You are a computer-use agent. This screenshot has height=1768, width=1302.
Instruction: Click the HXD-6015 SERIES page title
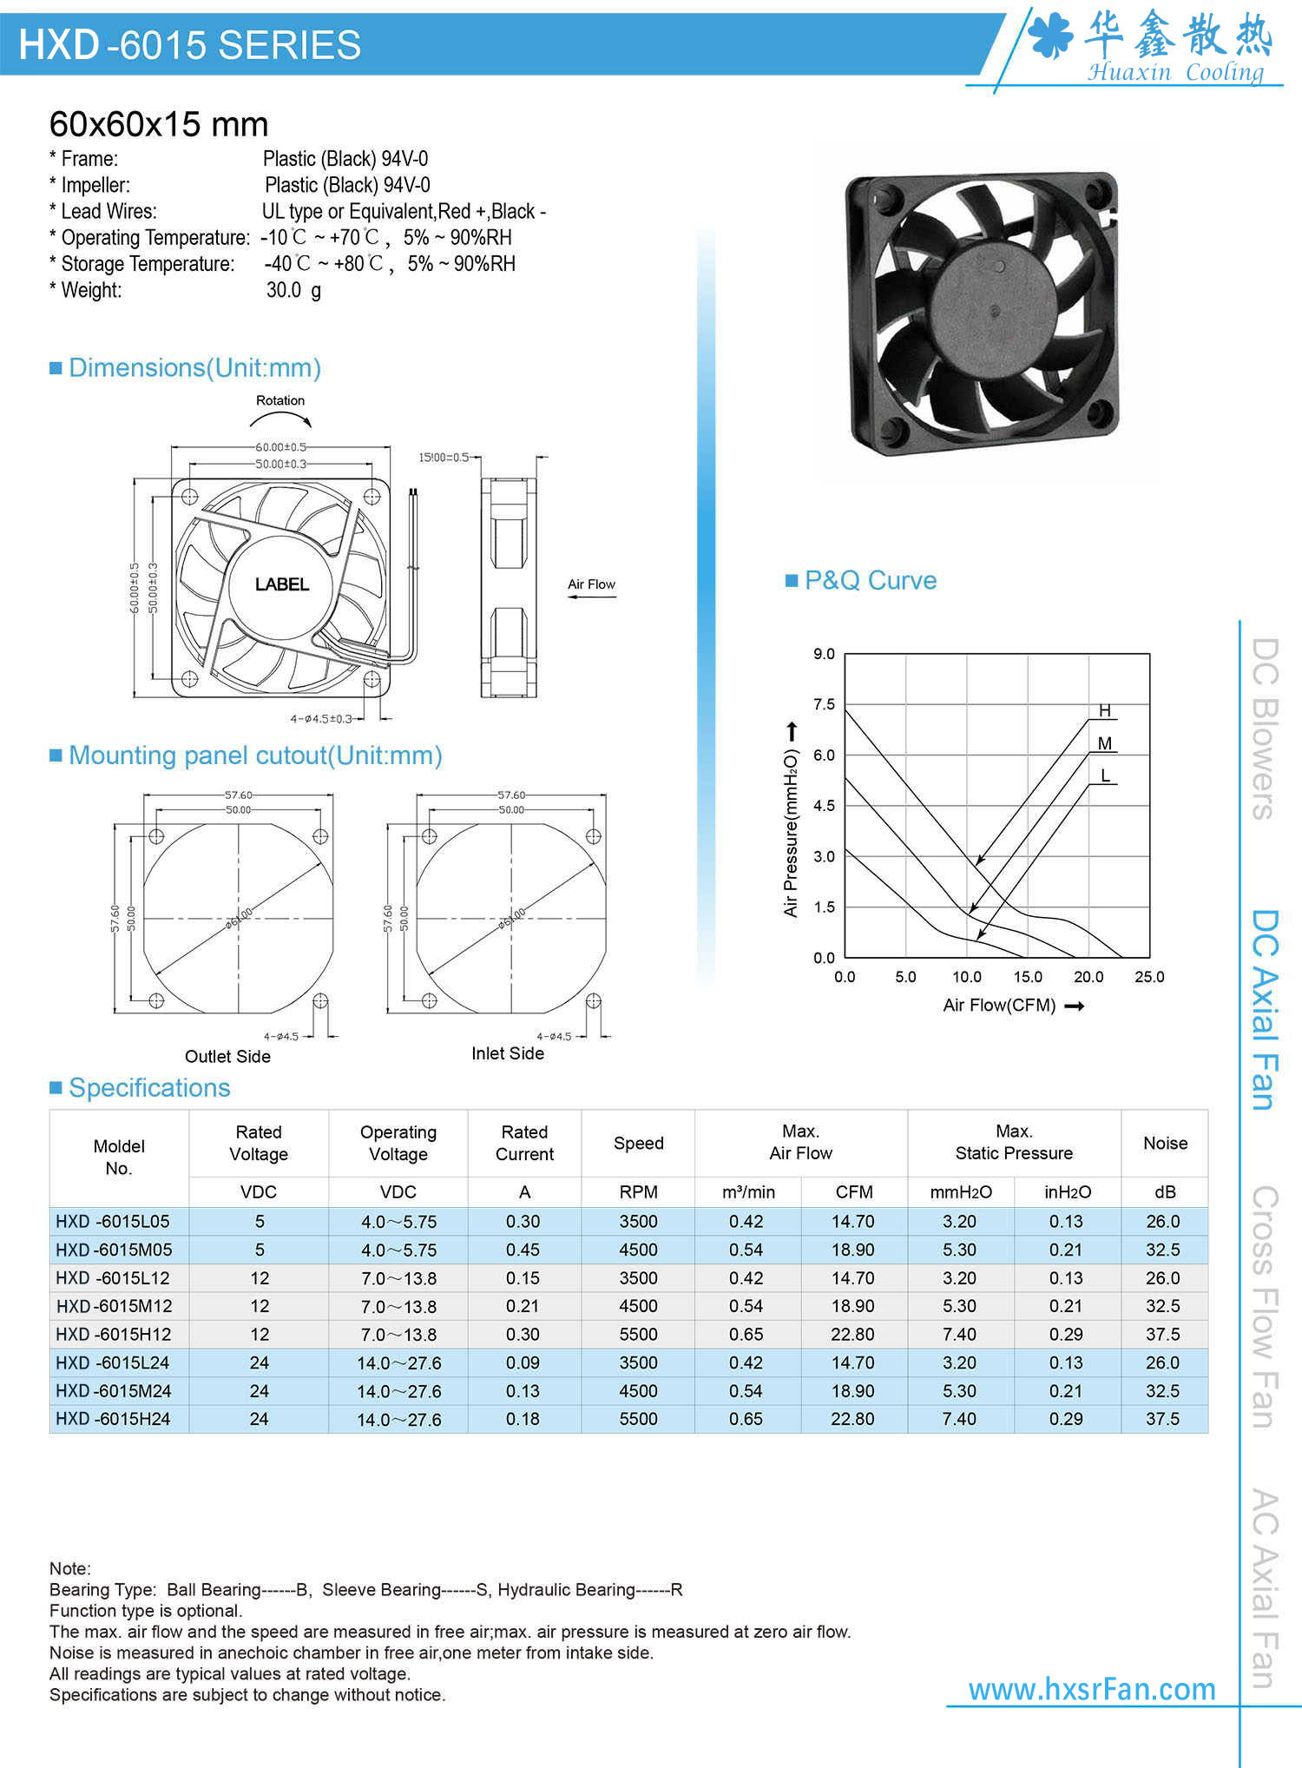point(189,45)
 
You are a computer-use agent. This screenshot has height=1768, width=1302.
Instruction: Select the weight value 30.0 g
point(293,290)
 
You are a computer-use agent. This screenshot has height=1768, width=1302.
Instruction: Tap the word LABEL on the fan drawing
point(282,584)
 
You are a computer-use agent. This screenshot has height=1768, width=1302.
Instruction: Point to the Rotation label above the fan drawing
point(280,400)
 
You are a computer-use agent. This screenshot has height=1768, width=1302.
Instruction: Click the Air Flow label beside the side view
point(591,584)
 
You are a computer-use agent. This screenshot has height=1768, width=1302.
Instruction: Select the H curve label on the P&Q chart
point(1104,710)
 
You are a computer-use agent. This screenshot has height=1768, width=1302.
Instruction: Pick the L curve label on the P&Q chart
point(1105,775)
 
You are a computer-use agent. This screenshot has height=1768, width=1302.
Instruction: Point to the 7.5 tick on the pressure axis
point(824,704)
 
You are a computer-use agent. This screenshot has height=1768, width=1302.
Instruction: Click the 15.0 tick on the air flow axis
point(1028,977)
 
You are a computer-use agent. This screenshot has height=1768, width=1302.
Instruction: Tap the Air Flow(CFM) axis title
point(1000,1006)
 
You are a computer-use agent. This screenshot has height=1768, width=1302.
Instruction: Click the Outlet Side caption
point(227,1056)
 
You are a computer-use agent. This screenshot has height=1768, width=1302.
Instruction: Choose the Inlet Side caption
point(508,1053)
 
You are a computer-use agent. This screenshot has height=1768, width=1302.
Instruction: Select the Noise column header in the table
point(1165,1143)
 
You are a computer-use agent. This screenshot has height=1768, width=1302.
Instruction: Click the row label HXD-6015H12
point(114,1334)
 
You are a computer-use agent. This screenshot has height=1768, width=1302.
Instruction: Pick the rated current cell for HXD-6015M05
point(523,1250)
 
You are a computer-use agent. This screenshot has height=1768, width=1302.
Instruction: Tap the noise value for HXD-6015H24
point(1163,1419)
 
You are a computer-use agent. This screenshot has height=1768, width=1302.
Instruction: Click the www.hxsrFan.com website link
point(1092,1689)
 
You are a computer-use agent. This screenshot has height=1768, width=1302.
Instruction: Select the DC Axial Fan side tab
point(1265,1010)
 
